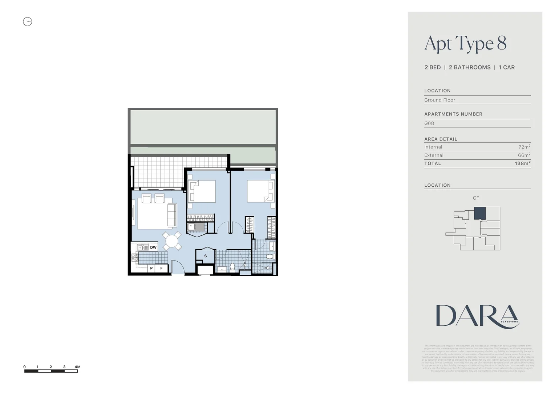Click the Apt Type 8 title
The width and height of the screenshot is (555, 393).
point(465,43)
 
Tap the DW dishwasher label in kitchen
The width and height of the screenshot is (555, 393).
point(153,247)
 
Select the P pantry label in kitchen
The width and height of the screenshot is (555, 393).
point(151,269)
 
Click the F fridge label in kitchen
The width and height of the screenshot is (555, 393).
point(162,269)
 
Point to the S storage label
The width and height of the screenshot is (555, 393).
point(205,256)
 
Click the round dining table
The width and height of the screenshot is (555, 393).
point(172,241)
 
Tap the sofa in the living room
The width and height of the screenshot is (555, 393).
point(171,215)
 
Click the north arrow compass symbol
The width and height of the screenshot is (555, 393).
point(28,22)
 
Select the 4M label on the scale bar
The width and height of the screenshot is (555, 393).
point(77,367)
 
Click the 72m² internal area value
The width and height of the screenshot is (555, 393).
point(524,147)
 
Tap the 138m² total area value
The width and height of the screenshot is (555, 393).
point(522,163)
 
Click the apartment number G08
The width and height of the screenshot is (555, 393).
point(429,123)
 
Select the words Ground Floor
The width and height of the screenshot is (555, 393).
point(439,100)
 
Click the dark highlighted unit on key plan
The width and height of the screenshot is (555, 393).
point(479,213)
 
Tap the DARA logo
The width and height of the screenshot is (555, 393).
point(477,316)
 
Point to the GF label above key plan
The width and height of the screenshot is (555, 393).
point(476,198)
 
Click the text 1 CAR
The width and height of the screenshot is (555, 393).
point(506,67)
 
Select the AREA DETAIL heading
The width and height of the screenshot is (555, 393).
point(441,139)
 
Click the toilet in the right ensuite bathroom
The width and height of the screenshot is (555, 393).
point(269,257)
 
